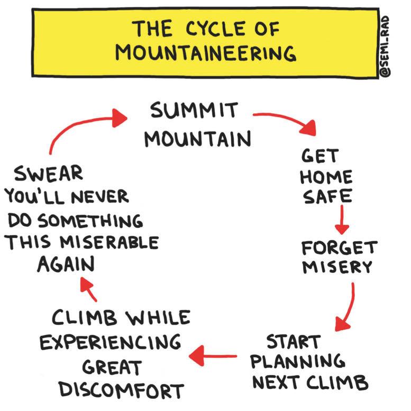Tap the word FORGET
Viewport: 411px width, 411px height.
(x=339, y=248)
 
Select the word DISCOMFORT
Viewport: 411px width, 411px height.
(x=121, y=390)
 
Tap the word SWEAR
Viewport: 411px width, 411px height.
(x=48, y=173)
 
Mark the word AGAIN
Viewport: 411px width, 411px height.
(x=66, y=264)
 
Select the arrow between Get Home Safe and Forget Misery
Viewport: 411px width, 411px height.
(x=342, y=220)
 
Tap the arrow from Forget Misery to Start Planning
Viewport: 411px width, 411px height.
(x=346, y=307)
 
